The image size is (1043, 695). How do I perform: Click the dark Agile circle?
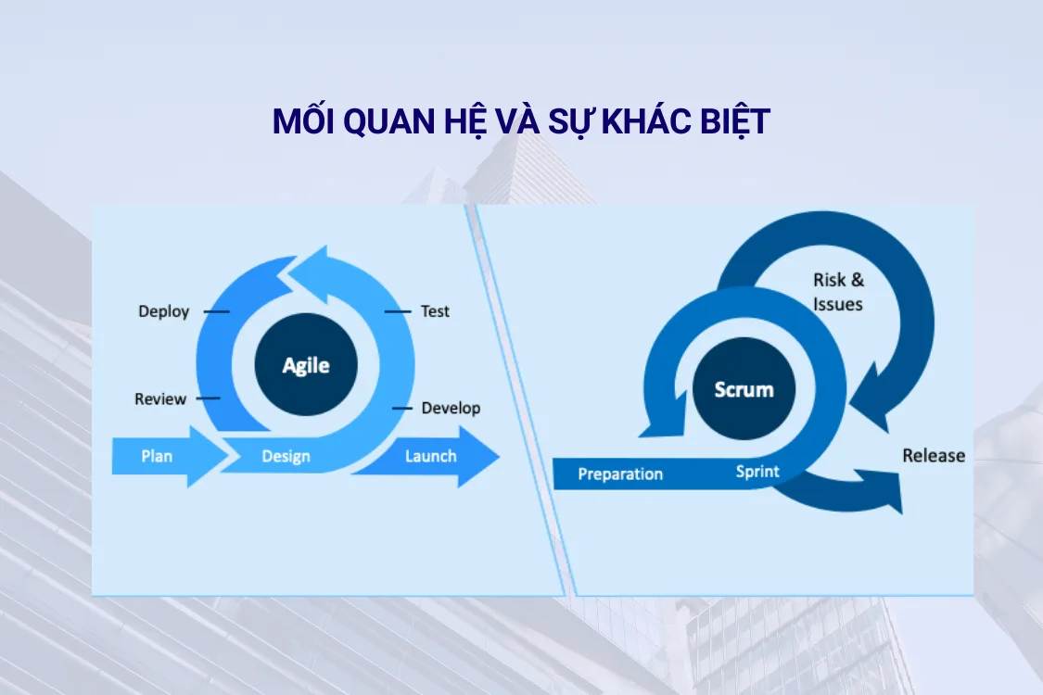click(x=306, y=364)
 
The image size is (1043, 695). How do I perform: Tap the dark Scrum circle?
click(x=744, y=388)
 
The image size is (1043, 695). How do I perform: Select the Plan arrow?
click(x=171, y=456)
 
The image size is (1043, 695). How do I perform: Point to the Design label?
click(x=286, y=456)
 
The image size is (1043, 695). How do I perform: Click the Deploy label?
click(x=163, y=311)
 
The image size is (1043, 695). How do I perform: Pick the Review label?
click(x=160, y=398)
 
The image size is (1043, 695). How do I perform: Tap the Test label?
click(x=435, y=311)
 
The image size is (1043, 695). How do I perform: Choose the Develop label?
click(x=451, y=408)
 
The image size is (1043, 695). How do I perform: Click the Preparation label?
click(x=620, y=474)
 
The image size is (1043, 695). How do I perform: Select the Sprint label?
click(x=757, y=472)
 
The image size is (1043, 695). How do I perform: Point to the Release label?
click(x=934, y=456)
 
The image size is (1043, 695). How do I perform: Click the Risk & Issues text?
click(x=839, y=292)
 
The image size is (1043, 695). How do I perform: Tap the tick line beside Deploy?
click(x=216, y=311)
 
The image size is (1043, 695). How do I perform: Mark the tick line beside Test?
click(x=398, y=311)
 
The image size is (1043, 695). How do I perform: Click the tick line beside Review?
click(x=208, y=398)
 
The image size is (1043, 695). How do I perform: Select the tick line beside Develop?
click(x=401, y=408)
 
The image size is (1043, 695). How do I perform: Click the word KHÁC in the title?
click(x=645, y=121)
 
